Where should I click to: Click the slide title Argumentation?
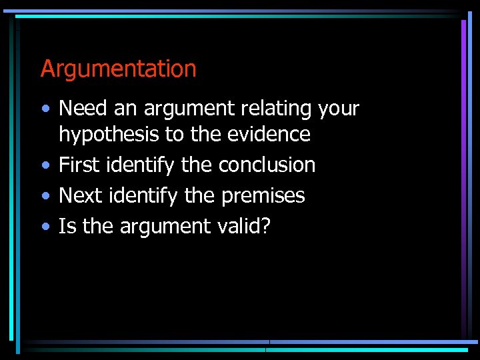(x=118, y=69)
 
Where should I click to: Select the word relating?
(x=281, y=108)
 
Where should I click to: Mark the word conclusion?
(x=267, y=165)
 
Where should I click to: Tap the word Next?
(x=79, y=195)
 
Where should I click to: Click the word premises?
(x=263, y=196)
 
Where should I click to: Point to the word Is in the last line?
(x=66, y=226)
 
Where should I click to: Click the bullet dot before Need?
(x=44, y=109)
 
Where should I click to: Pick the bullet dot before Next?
(x=44, y=196)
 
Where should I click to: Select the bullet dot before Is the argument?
(x=44, y=227)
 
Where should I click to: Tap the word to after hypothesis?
(x=174, y=135)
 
